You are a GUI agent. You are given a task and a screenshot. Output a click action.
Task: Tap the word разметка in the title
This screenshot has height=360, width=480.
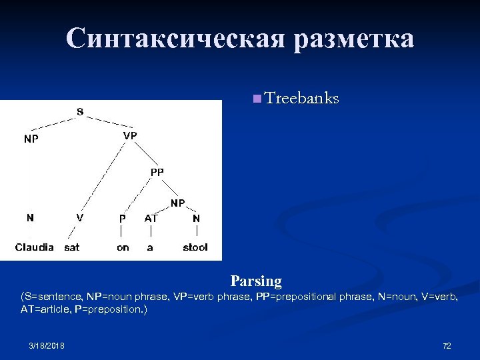click(x=351, y=39)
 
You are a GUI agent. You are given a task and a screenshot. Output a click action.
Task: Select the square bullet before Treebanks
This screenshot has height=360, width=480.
click(x=257, y=99)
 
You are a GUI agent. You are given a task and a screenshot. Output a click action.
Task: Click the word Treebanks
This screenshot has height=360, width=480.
click(x=302, y=99)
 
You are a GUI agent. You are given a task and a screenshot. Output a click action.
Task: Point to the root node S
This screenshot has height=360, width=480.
click(x=79, y=111)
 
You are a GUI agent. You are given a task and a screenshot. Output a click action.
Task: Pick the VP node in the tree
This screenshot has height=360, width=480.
click(x=130, y=135)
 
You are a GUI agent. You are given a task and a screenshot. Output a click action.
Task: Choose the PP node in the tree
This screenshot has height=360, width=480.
click(x=157, y=172)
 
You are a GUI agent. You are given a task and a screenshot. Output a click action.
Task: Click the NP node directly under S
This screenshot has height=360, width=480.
click(x=31, y=139)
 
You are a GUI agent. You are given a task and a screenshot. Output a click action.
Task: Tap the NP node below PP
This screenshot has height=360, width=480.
click(x=177, y=203)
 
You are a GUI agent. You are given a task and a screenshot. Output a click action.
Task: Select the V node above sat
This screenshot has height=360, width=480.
click(x=80, y=217)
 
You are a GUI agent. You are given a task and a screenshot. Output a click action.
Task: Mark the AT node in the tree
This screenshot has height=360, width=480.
click(x=151, y=218)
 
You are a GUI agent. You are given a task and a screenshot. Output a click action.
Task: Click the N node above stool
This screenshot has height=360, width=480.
click(x=196, y=218)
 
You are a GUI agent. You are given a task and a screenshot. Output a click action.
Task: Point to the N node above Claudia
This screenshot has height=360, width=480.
click(x=30, y=217)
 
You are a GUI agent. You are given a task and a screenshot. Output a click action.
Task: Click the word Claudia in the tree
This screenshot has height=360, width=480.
click(x=35, y=247)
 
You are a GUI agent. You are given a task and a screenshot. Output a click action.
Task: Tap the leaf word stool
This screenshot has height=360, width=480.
click(x=195, y=247)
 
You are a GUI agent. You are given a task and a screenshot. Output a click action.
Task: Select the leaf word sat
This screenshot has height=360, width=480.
click(x=72, y=247)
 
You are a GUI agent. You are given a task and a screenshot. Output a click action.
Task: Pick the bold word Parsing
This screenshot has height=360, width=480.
click(x=256, y=281)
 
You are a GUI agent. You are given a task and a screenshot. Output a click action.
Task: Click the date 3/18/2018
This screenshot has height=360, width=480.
click(x=47, y=345)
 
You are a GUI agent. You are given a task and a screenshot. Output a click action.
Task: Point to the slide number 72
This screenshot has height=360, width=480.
click(x=447, y=345)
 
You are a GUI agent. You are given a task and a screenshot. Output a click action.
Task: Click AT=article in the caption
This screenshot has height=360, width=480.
click(x=45, y=310)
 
